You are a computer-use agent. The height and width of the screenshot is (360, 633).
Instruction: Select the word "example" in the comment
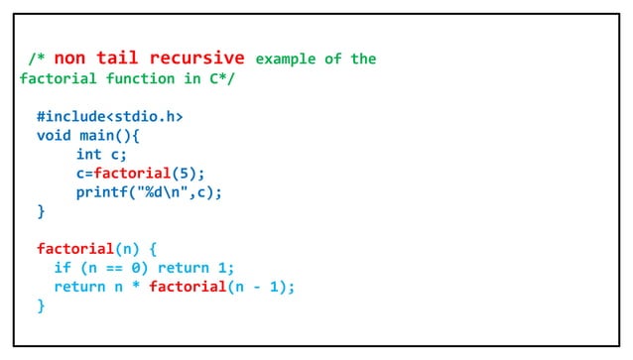[287, 59]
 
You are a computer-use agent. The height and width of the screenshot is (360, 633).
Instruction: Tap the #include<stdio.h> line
[110, 116]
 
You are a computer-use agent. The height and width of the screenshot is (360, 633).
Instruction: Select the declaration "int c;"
[102, 154]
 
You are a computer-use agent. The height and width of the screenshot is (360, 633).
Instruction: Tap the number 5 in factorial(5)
[186, 173]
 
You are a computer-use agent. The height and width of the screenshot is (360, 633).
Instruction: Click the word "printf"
[102, 191]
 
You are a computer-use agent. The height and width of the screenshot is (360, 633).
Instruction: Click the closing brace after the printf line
[41, 210]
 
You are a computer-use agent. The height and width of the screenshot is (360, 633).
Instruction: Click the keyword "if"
[62, 267]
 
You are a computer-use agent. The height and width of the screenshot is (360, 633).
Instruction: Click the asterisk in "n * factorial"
[134, 287]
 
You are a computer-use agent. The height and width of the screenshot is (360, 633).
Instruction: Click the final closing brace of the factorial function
[41, 305]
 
